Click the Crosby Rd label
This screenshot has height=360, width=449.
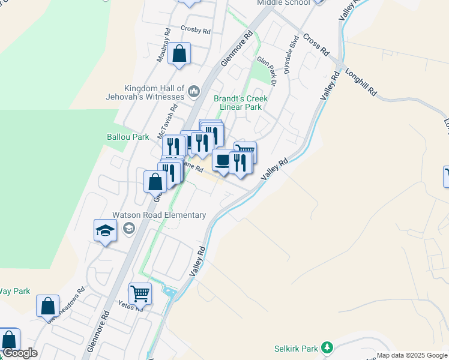(195, 29)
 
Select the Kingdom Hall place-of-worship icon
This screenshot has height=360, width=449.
(193, 91)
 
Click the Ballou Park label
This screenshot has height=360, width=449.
(128, 137)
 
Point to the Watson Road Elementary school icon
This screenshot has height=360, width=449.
(128, 229)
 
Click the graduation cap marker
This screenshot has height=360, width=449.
(105, 230)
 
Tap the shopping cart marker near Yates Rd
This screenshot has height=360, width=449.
(140, 294)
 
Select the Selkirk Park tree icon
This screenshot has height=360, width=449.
(327, 347)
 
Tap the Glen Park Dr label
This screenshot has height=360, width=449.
(266, 69)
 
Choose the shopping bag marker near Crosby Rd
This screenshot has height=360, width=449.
(179, 54)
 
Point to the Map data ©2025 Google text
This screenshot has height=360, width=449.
(412, 355)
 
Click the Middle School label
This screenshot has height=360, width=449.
(283, 2)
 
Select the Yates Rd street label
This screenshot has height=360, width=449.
(130, 305)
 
